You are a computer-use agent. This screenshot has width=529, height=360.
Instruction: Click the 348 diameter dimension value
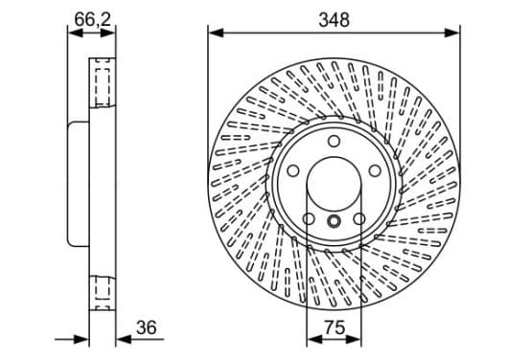pos(334,20)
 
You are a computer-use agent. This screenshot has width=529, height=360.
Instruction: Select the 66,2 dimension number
pos(92,19)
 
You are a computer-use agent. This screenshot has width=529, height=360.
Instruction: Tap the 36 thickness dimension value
pos(147,327)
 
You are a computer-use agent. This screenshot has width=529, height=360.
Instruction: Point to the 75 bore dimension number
pos(334,327)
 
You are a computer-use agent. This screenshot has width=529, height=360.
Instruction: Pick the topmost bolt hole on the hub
pos(334,142)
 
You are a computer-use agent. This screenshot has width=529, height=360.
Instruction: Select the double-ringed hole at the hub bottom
pos(334,221)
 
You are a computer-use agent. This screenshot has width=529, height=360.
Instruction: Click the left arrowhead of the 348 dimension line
pos(216,34)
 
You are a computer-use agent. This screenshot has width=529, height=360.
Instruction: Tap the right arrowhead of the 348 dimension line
pos(452,34)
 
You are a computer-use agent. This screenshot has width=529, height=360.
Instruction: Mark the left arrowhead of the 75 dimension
pos(314,340)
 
